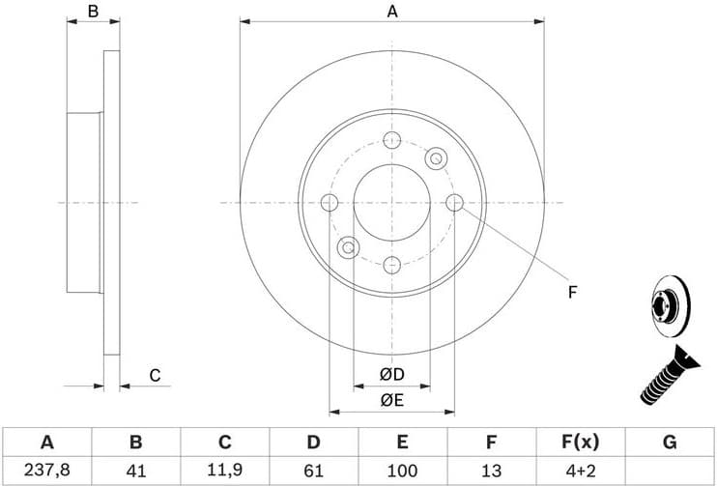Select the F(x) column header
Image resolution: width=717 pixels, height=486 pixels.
(x=580, y=443)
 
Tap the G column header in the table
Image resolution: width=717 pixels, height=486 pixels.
(x=670, y=443)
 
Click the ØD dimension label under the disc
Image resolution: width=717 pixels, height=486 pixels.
(x=391, y=374)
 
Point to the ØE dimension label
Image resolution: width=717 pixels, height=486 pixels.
(x=391, y=398)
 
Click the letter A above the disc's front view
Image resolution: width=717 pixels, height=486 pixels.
(x=392, y=12)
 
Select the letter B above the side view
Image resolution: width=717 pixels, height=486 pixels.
(x=94, y=12)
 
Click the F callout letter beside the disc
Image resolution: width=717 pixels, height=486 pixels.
(x=571, y=292)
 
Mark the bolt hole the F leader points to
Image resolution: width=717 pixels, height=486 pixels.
(x=455, y=202)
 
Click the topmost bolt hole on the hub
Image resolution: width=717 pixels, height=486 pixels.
(x=391, y=140)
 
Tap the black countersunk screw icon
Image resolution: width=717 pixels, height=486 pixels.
(x=669, y=377)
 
